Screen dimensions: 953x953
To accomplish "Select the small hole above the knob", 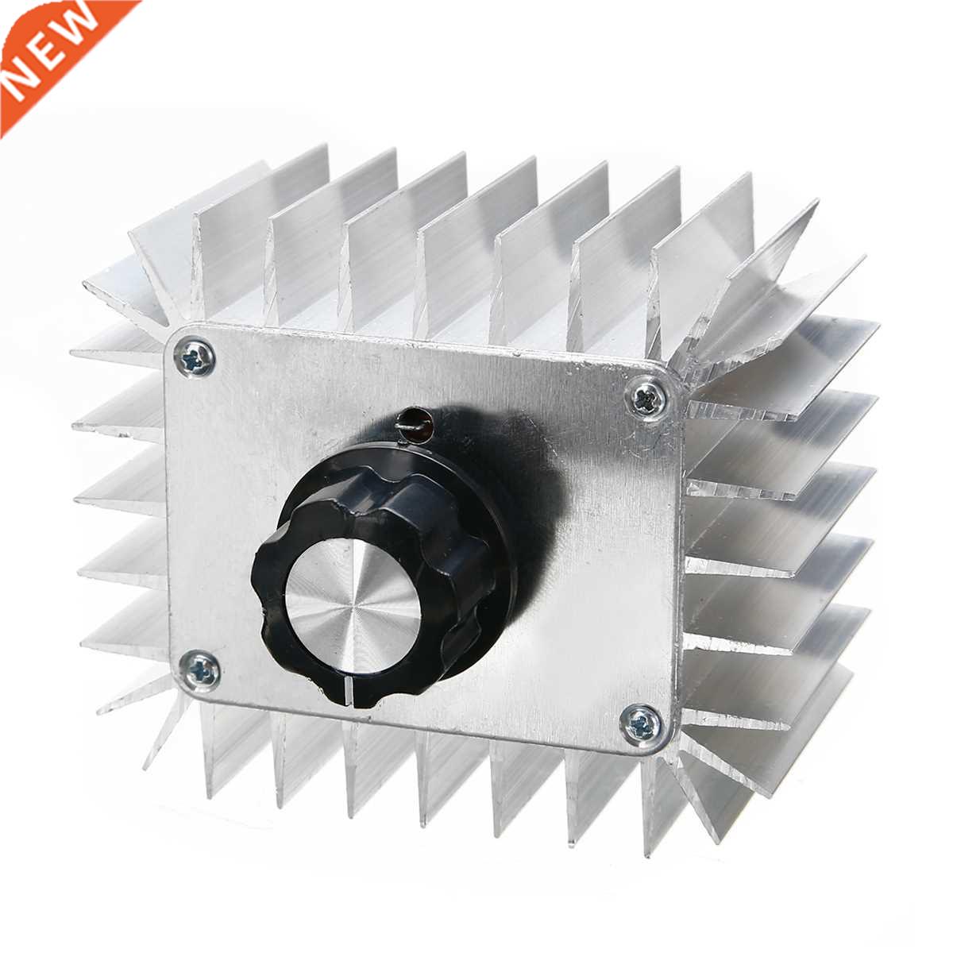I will point(414,420).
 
